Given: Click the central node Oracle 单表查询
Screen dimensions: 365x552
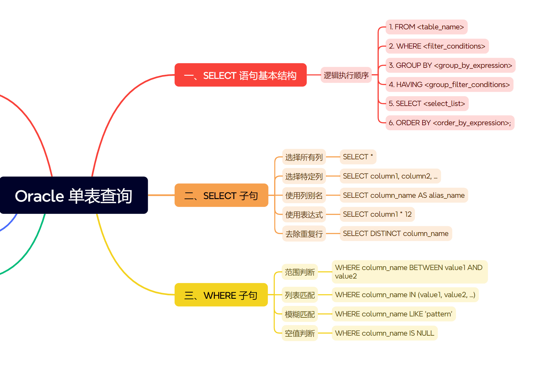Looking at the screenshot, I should pyautogui.click(x=74, y=195).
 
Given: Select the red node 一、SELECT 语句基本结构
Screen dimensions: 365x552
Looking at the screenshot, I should pyautogui.click(x=240, y=75).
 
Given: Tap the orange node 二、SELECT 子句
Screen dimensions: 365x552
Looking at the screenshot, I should pyautogui.click(x=221, y=195).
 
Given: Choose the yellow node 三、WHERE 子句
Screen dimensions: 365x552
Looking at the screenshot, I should pyautogui.click(x=221, y=295).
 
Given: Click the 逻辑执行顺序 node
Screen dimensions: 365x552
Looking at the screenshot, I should pyautogui.click(x=346, y=75).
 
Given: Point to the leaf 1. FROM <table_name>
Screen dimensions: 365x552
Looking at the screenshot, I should pyautogui.click(x=426, y=27).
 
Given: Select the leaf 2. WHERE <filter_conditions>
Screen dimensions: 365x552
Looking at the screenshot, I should pyautogui.click(x=437, y=46).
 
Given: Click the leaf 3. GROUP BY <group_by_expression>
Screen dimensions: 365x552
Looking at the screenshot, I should pyautogui.click(x=450, y=65).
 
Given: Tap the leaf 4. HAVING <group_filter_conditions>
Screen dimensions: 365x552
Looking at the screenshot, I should pyautogui.click(x=449, y=85).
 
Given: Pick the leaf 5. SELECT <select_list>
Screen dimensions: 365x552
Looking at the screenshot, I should pyautogui.click(x=427, y=103).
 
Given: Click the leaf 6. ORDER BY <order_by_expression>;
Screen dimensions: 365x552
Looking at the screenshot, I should pyautogui.click(x=450, y=123).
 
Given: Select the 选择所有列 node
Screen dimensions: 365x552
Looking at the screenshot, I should pyautogui.click(x=304, y=157).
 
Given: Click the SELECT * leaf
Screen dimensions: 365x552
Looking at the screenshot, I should pyautogui.click(x=358, y=157).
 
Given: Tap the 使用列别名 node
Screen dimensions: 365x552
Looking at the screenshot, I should pyautogui.click(x=304, y=195).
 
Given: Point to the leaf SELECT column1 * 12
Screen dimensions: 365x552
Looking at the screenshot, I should pyautogui.click(x=377, y=214).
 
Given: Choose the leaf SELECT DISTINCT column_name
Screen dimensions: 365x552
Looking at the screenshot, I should pyautogui.click(x=396, y=233).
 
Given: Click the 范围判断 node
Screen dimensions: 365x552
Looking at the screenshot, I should pyautogui.click(x=300, y=272).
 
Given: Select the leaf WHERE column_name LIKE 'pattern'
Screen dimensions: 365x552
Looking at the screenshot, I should pyautogui.click(x=393, y=314).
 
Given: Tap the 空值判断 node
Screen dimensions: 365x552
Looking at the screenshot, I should pyautogui.click(x=300, y=333).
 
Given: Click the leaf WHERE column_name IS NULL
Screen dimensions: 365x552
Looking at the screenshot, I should pyautogui.click(x=385, y=333).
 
